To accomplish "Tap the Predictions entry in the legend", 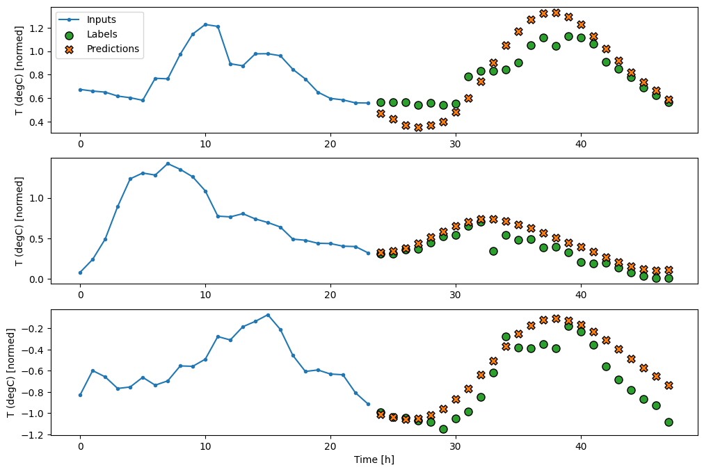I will (113, 49).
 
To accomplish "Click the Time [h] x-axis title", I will (374, 459).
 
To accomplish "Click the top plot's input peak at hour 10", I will (205, 24).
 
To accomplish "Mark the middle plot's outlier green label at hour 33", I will (493, 251).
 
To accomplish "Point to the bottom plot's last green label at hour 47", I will (669, 422).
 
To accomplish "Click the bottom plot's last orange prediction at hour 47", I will (669, 385).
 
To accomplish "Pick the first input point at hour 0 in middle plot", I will (80, 272).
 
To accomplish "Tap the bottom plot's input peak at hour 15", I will (268, 315).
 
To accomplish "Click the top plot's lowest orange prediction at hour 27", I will (418, 127).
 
